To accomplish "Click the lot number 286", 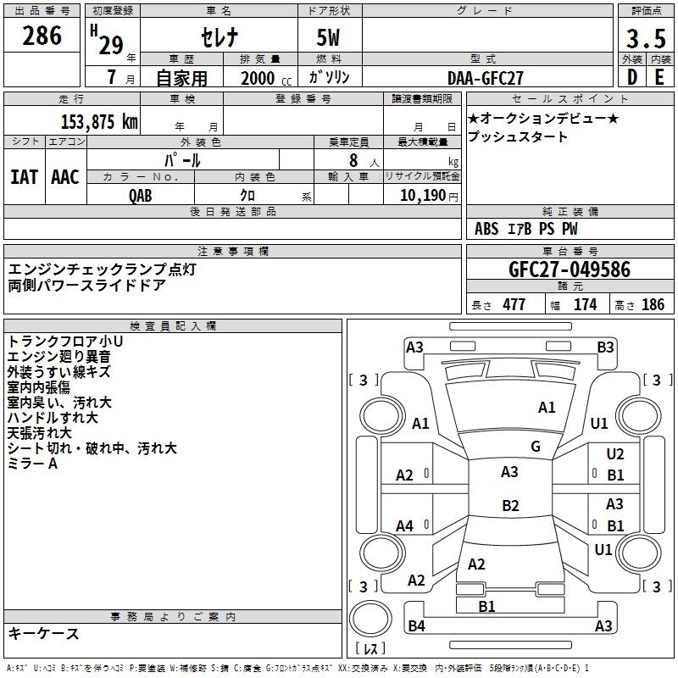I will (x=43, y=36).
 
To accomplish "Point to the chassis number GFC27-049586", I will (x=570, y=270).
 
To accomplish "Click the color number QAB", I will (x=141, y=196).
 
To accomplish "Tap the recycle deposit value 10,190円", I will (x=422, y=196).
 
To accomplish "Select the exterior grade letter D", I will (x=631, y=78).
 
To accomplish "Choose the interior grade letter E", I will (x=659, y=78).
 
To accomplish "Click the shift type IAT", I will (x=24, y=176).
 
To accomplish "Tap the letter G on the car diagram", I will (x=536, y=447).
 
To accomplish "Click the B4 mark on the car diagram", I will (x=416, y=626).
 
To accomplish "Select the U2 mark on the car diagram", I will (x=615, y=455).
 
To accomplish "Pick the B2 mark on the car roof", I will (x=510, y=506).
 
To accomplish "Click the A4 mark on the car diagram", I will (x=405, y=526).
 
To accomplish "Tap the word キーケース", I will (x=44, y=634).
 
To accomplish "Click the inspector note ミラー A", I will (x=32, y=464).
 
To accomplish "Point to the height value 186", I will (x=653, y=305).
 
